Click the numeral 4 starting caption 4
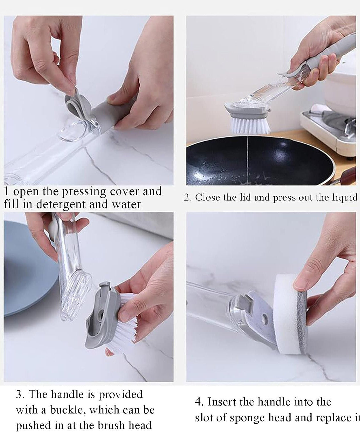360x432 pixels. tap(198, 402)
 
